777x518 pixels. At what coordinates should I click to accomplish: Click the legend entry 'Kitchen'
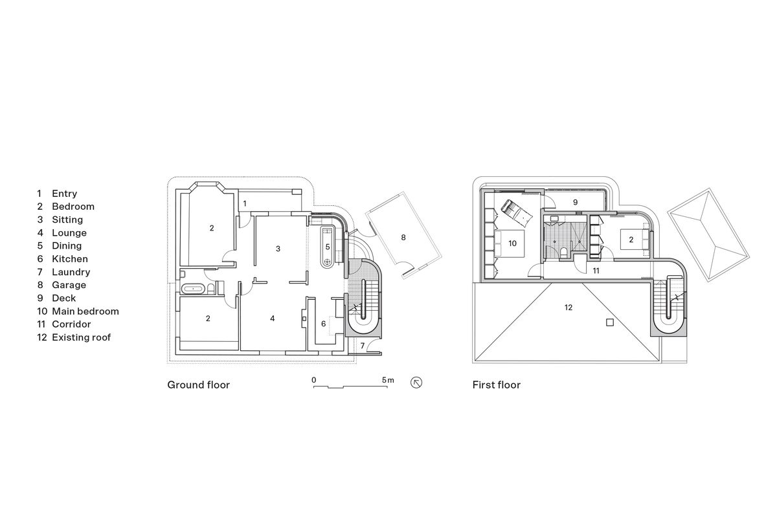[x=69, y=259]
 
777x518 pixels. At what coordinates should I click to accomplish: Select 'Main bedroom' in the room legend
[x=85, y=311]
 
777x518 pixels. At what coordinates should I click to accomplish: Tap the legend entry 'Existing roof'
[x=81, y=337]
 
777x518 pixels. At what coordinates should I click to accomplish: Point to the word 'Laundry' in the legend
[x=71, y=272]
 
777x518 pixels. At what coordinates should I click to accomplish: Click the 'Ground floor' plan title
[x=198, y=385]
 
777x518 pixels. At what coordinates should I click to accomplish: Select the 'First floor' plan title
[x=497, y=385]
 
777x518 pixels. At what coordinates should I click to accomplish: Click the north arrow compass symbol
[x=417, y=383]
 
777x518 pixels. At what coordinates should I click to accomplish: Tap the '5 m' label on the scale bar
[x=387, y=379]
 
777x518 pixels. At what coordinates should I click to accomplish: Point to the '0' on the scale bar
[x=313, y=379]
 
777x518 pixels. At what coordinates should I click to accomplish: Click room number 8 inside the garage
[x=403, y=238]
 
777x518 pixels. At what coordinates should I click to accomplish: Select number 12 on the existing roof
[x=568, y=307]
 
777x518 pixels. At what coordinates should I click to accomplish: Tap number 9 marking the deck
[x=575, y=203]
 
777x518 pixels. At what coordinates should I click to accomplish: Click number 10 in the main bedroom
[x=512, y=243]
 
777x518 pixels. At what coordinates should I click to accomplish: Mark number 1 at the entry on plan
[x=244, y=203]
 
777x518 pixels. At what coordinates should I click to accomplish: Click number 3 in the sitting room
[x=278, y=249]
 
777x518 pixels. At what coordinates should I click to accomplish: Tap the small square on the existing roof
[x=609, y=322]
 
